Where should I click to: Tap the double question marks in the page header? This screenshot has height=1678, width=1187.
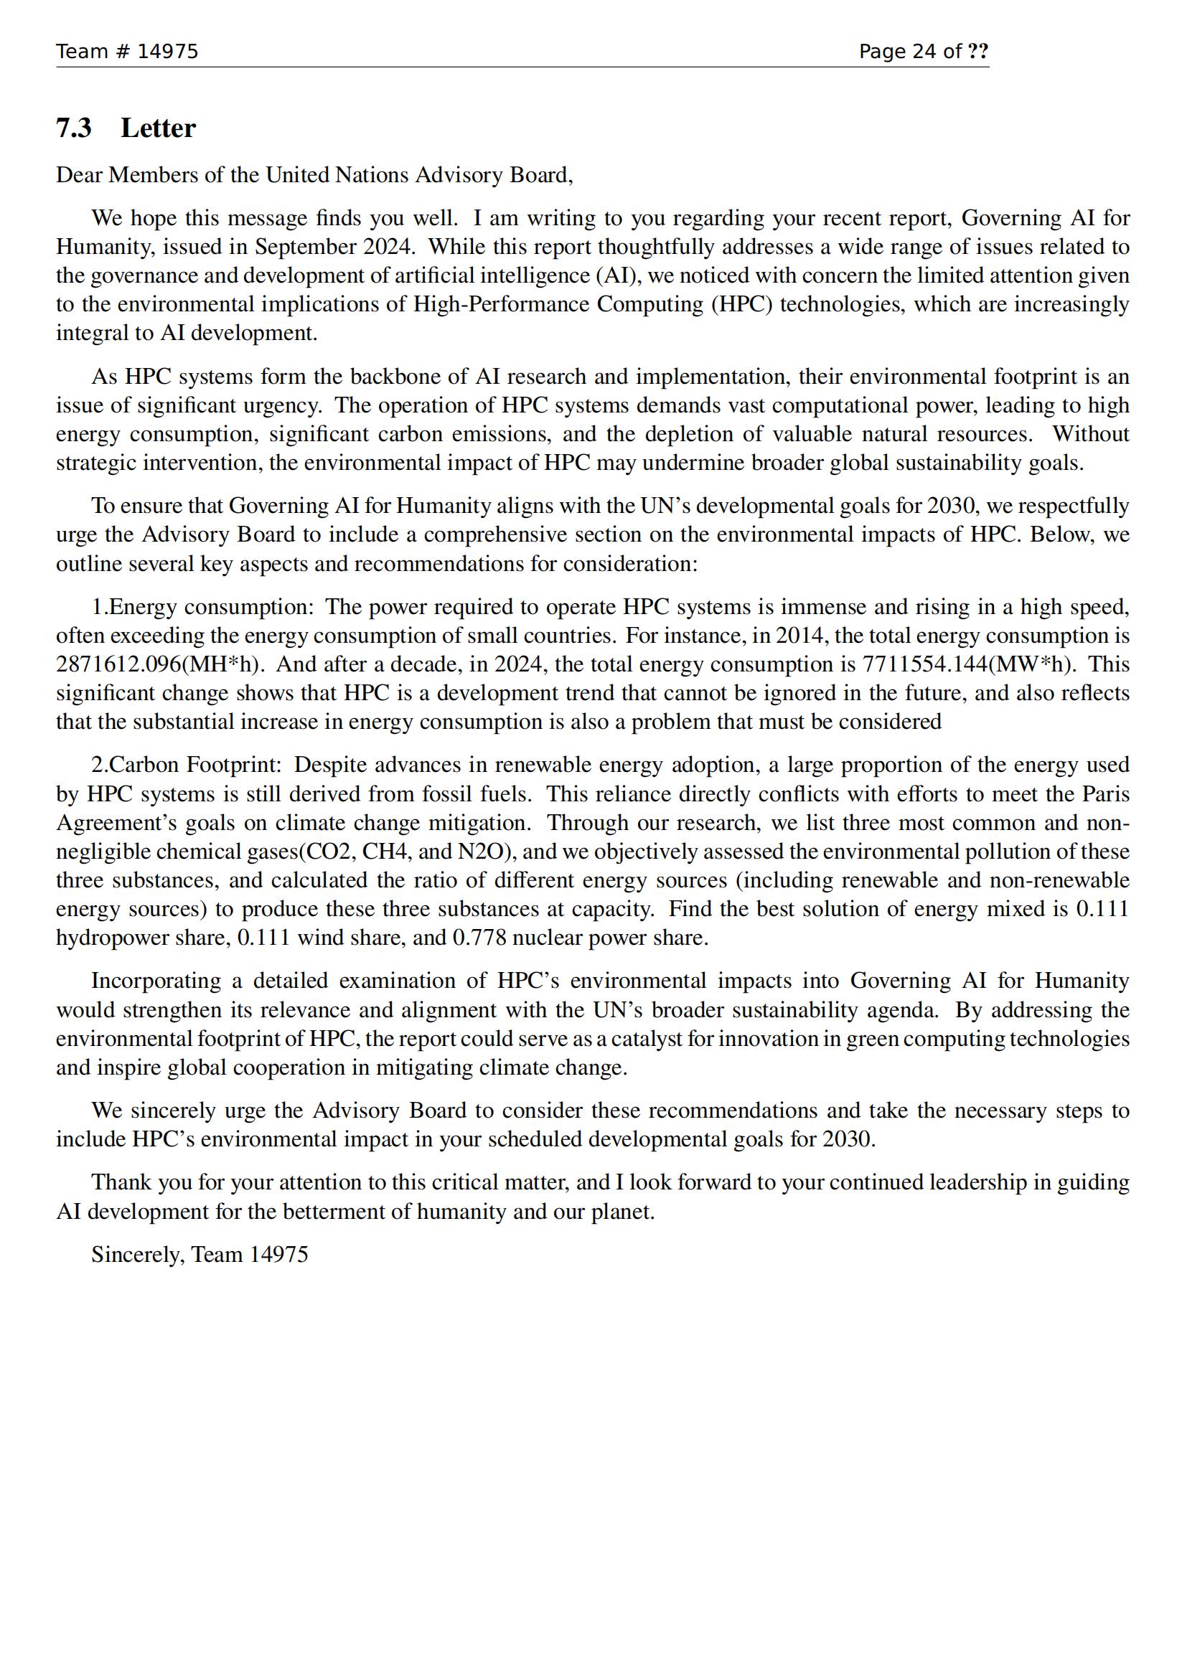(978, 51)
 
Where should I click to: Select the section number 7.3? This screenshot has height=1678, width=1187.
(74, 128)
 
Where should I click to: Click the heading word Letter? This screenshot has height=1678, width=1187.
(158, 128)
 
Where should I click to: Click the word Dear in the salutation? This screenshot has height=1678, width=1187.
(80, 175)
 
